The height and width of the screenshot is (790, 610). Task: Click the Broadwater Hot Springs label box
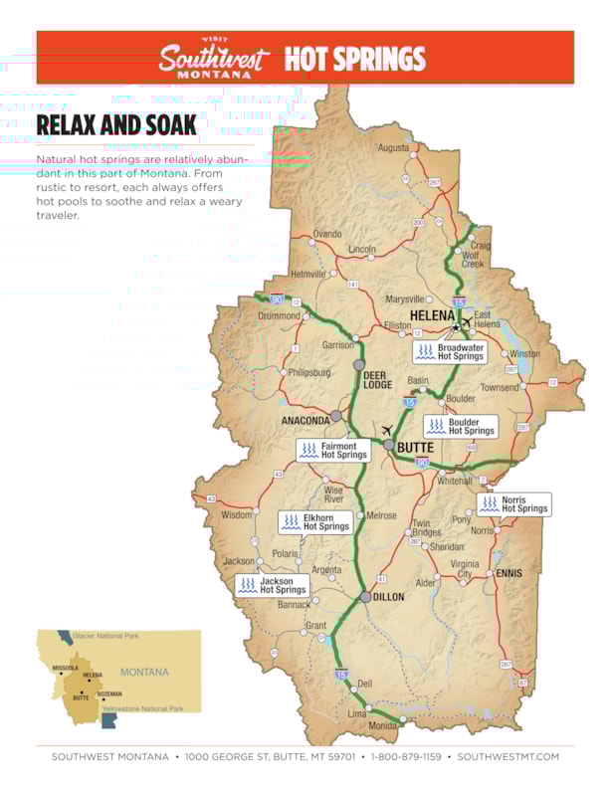tap(451, 351)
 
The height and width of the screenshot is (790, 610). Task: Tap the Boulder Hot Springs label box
tap(461, 426)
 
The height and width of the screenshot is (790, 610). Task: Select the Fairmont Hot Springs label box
tap(333, 451)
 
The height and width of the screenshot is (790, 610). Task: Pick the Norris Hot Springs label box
tap(513, 504)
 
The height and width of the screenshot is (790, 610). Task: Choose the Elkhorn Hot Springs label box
tap(315, 521)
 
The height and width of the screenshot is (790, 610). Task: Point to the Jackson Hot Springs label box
tap(272, 585)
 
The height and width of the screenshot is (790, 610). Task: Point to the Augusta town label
tap(393, 148)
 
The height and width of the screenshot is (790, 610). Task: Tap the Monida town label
tap(383, 726)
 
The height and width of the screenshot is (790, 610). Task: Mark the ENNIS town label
tap(508, 573)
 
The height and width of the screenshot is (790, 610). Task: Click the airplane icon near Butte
tap(386, 430)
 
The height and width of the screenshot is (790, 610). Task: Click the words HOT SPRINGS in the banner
tap(354, 59)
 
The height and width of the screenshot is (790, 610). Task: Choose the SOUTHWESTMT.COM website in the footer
tap(508, 757)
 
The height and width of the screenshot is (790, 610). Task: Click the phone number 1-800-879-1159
tap(407, 757)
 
